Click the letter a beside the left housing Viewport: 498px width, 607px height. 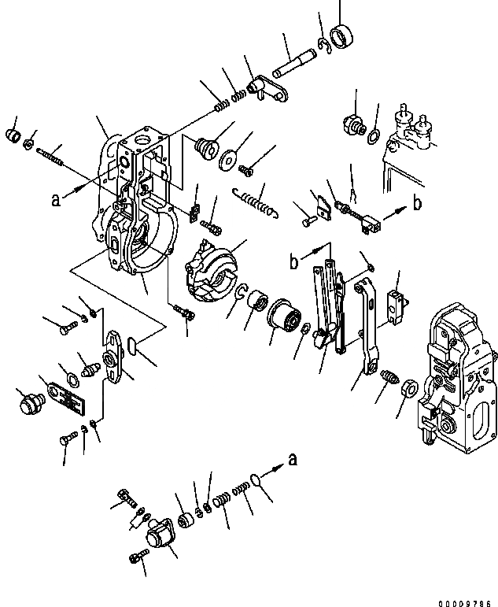pos(56,200)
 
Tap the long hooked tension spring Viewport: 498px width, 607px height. pos(256,200)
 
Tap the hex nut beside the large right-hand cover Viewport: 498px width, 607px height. pos(408,388)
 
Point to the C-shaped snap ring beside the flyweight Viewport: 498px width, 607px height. pos(243,292)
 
